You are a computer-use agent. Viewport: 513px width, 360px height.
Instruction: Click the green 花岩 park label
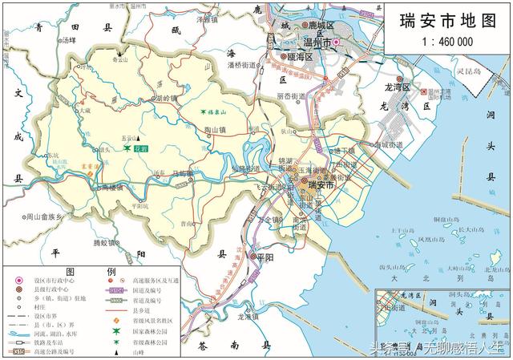click(140, 149)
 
